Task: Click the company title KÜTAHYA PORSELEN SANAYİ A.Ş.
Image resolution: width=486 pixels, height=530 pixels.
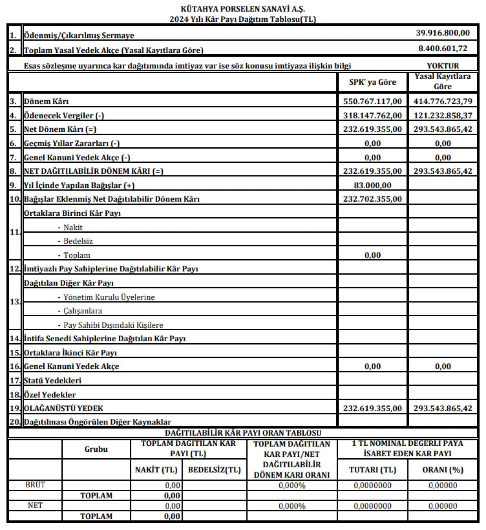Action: pyautogui.click(x=243, y=8)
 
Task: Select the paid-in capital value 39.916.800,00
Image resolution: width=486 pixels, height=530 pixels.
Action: pyautogui.click(x=443, y=33)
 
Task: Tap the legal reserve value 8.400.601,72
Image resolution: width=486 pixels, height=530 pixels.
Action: pyautogui.click(x=443, y=48)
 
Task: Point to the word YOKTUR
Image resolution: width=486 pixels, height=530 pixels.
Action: pyautogui.click(x=443, y=65)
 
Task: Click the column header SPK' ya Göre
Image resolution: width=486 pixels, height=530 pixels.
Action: pyautogui.click(x=372, y=82)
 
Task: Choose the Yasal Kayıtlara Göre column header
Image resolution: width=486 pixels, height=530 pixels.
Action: pyautogui.click(x=443, y=81)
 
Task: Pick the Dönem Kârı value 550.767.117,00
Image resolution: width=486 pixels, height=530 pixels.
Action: pyautogui.click(x=372, y=101)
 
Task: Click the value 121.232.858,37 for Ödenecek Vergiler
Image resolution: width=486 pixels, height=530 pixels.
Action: pyautogui.click(x=443, y=115)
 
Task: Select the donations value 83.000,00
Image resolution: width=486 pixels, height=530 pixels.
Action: pyautogui.click(x=372, y=185)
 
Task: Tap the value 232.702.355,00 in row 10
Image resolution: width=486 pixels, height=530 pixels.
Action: pyautogui.click(x=372, y=199)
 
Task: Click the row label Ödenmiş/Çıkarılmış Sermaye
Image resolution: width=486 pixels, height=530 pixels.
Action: pyautogui.click(x=79, y=35)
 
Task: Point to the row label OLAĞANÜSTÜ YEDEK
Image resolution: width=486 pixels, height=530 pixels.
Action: pyautogui.click(x=63, y=409)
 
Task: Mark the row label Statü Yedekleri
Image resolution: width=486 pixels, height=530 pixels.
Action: pyautogui.click(x=52, y=380)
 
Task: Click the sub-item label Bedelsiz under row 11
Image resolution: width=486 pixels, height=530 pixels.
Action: pyautogui.click(x=78, y=241)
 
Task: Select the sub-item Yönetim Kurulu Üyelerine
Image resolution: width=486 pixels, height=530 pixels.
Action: pyautogui.click(x=109, y=297)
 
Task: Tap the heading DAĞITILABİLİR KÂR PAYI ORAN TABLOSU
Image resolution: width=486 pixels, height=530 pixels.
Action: pyautogui.click(x=243, y=433)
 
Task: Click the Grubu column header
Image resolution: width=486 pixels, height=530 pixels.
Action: pyautogui.click(x=96, y=449)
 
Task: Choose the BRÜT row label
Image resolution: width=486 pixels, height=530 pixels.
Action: pyautogui.click(x=35, y=485)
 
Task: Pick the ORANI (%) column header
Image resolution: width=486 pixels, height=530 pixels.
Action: pyautogui.click(x=443, y=470)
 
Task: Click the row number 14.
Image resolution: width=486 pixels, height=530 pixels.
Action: pyautogui.click(x=15, y=339)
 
